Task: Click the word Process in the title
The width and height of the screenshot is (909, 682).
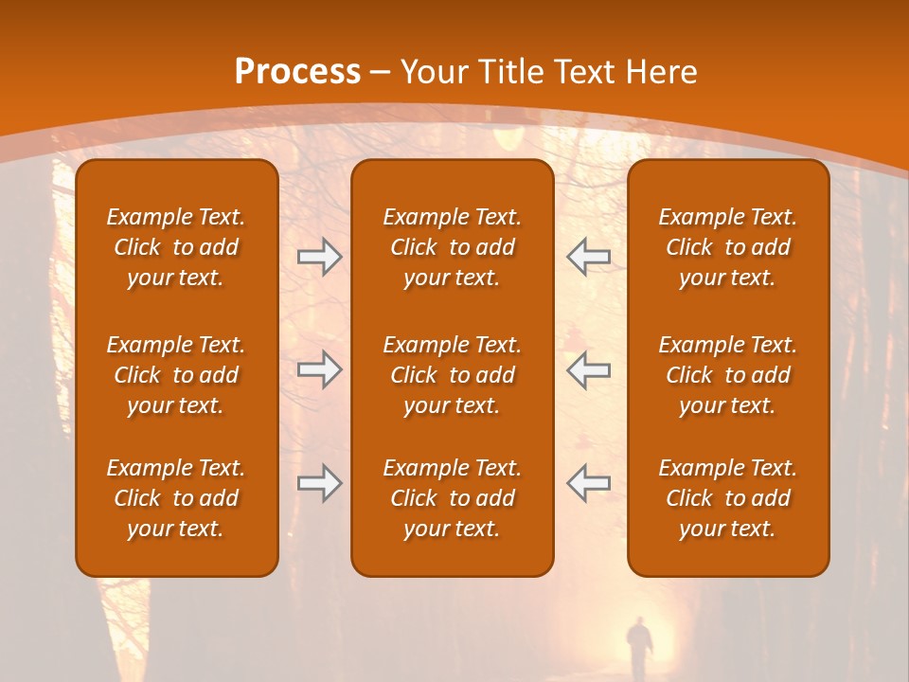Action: (x=297, y=72)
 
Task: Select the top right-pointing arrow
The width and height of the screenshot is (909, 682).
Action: (x=319, y=257)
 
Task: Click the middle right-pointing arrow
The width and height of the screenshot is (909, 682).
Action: (x=319, y=369)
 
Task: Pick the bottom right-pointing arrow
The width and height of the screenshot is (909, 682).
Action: (x=319, y=483)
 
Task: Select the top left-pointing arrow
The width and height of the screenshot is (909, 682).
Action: (x=588, y=257)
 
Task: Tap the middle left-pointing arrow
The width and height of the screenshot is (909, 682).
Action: (x=588, y=369)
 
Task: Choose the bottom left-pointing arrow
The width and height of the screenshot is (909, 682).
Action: (x=588, y=483)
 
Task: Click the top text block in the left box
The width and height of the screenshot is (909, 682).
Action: (x=176, y=247)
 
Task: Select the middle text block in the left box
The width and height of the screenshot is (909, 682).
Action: (x=176, y=375)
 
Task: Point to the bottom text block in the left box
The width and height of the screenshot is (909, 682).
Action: (x=176, y=498)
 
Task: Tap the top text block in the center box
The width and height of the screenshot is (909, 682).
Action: (x=452, y=247)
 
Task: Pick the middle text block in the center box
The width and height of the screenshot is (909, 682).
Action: (x=452, y=375)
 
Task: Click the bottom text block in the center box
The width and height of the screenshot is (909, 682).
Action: (x=452, y=498)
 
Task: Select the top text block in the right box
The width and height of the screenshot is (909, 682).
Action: (x=727, y=247)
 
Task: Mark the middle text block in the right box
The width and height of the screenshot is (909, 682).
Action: (x=727, y=375)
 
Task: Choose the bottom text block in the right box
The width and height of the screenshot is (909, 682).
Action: (x=727, y=498)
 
